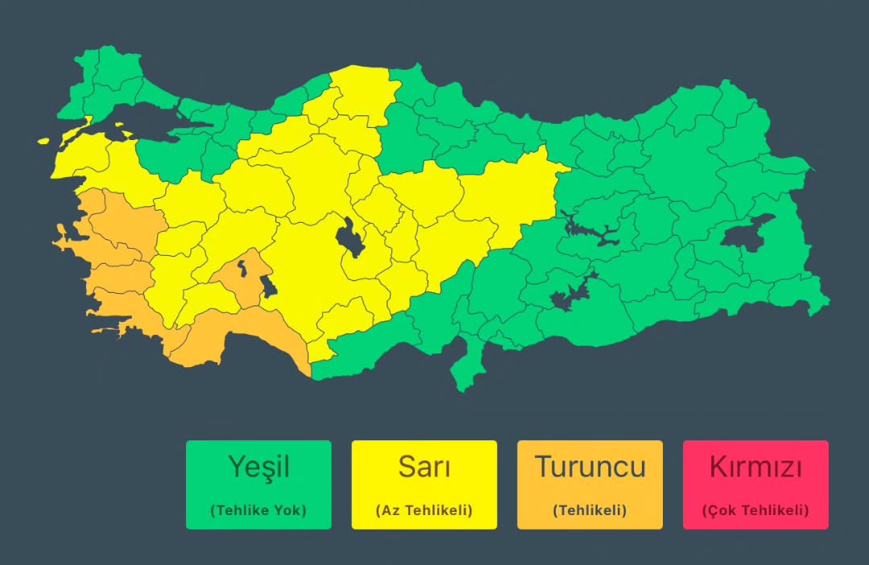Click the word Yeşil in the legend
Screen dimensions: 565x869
coord(258,467)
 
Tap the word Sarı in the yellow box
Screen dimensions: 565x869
coord(424,467)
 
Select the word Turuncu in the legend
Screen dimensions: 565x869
coord(590,467)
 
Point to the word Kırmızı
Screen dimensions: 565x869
coord(755,467)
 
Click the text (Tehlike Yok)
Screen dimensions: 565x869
coord(258,510)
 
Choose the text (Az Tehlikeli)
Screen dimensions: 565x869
coord(424,510)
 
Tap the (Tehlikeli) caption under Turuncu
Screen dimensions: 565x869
coord(590,510)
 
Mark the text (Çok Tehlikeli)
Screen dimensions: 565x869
coord(755,510)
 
